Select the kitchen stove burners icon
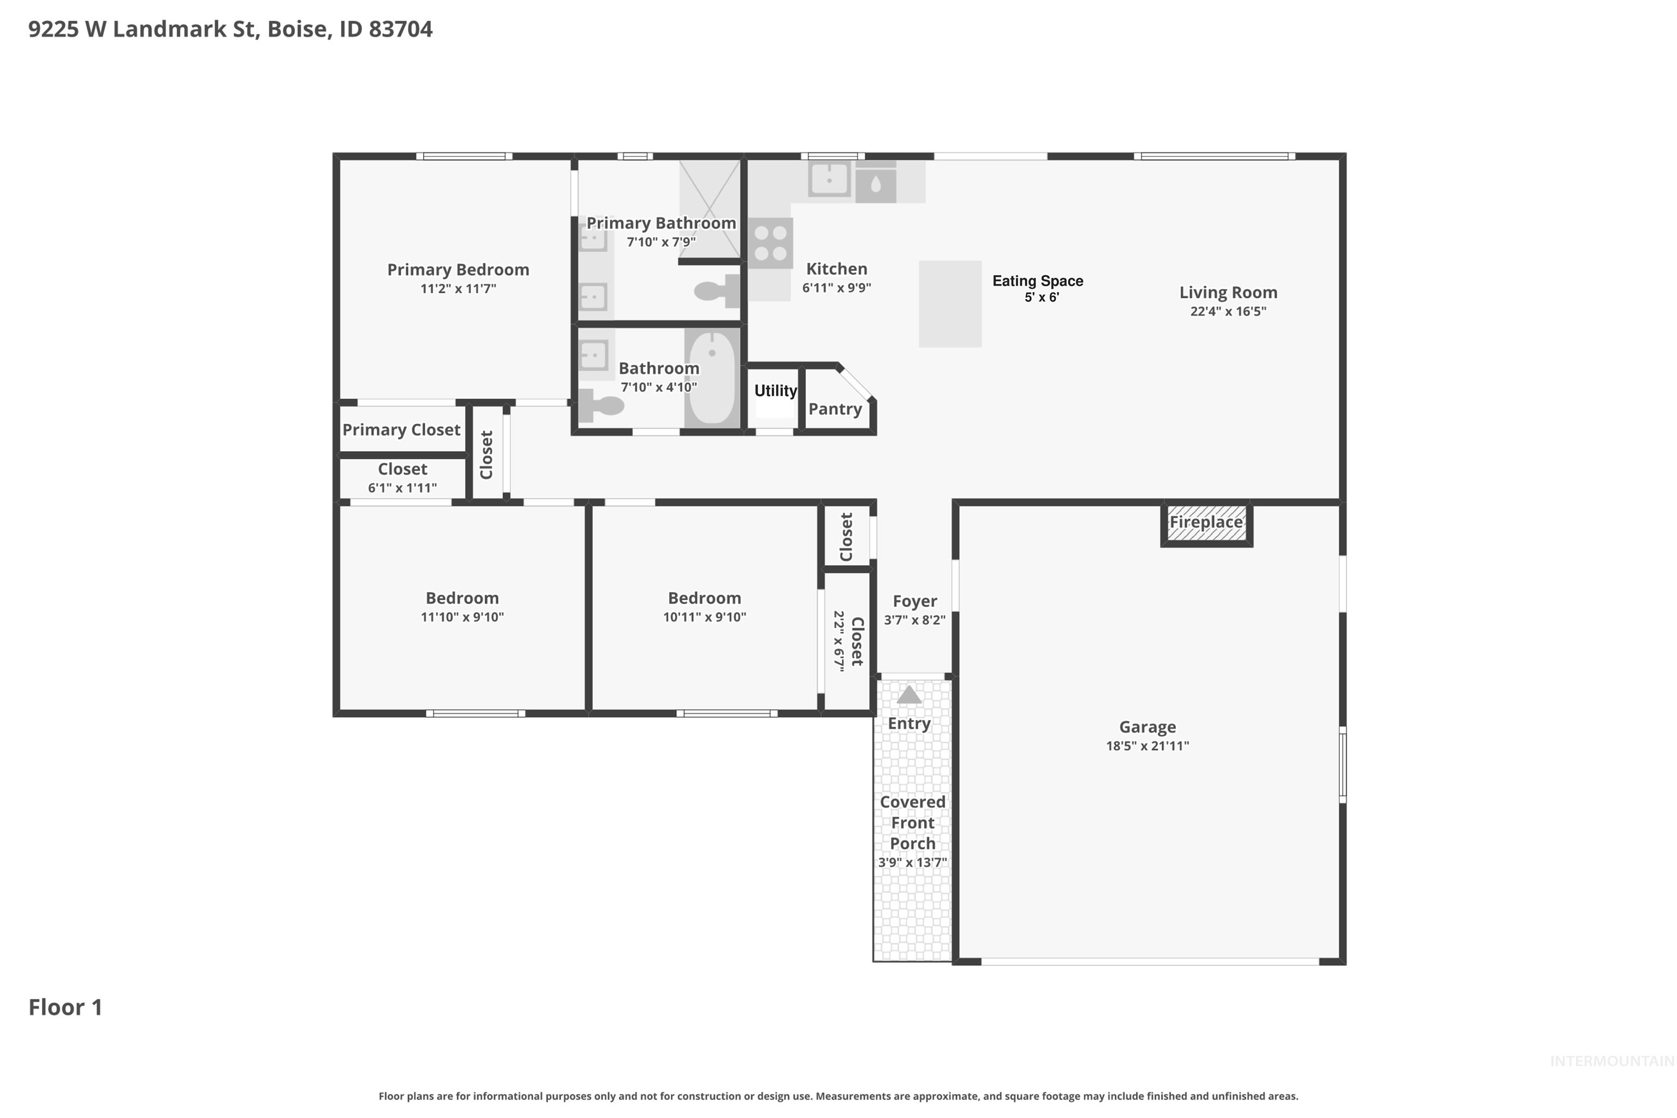(x=770, y=242)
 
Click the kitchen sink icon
(x=828, y=179)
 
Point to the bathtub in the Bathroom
(x=711, y=377)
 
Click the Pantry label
(x=835, y=409)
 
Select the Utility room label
(x=775, y=391)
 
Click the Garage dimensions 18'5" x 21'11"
(x=1147, y=746)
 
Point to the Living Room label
(x=1227, y=292)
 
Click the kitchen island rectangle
(x=949, y=304)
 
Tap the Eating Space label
(x=1037, y=281)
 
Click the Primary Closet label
(x=401, y=430)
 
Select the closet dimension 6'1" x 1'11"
(x=402, y=488)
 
